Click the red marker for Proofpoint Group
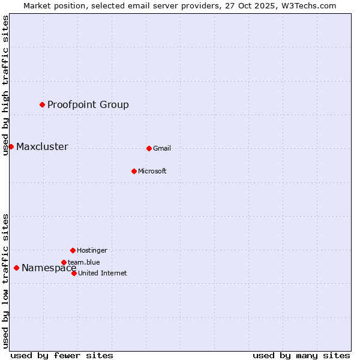[42, 104]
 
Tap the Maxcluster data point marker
[11, 146]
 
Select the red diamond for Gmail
[149, 148]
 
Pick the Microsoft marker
[134, 171]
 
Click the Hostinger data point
[73, 250]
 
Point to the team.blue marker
[64, 262]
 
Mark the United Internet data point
[74, 273]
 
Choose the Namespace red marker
[16, 268]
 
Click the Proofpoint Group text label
[88, 105]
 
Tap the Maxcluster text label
[42, 147]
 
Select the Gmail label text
[162, 149]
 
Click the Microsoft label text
[152, 172]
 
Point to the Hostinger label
[92, 251]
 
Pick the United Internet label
[103, 274]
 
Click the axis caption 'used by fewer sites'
[62, 355]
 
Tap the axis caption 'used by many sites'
[301, 355]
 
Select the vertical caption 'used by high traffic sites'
[6, 85]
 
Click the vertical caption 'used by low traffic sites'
[6, 280]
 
